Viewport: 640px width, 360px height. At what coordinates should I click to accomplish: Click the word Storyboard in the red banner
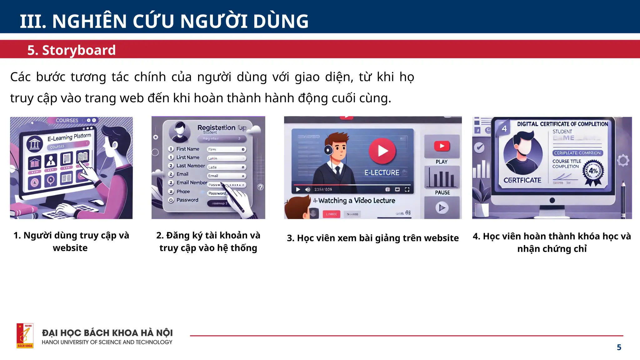[79, 50]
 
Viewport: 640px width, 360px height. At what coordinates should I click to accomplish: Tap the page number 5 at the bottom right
[619, 347]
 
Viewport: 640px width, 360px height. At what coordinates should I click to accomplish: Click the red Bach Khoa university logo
[25, 336]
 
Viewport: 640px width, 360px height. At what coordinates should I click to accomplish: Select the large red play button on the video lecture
[382, 151]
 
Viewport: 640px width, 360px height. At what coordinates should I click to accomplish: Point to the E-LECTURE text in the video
[382, 172]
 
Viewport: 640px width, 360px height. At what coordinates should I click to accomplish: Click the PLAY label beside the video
[441, 162]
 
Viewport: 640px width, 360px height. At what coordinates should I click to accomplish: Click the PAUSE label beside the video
[442, 192]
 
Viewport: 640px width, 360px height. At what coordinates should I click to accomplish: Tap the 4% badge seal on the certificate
[593, 171]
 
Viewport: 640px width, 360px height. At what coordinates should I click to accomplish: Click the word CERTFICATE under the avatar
[522, 180]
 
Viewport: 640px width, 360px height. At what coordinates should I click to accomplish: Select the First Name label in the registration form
[187, 149]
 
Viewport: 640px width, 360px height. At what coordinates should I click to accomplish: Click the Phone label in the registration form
[183, 192]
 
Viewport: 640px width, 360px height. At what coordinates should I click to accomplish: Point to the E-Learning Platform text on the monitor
[69, 137]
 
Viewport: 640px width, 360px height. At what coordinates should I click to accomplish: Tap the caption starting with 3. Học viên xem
[372, 238]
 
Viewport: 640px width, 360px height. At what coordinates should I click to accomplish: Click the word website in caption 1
[70, 248]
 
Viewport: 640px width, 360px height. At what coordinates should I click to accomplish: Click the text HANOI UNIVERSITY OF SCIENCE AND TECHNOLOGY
[107, 342]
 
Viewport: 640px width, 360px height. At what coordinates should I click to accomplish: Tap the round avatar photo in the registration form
[180, 132]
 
